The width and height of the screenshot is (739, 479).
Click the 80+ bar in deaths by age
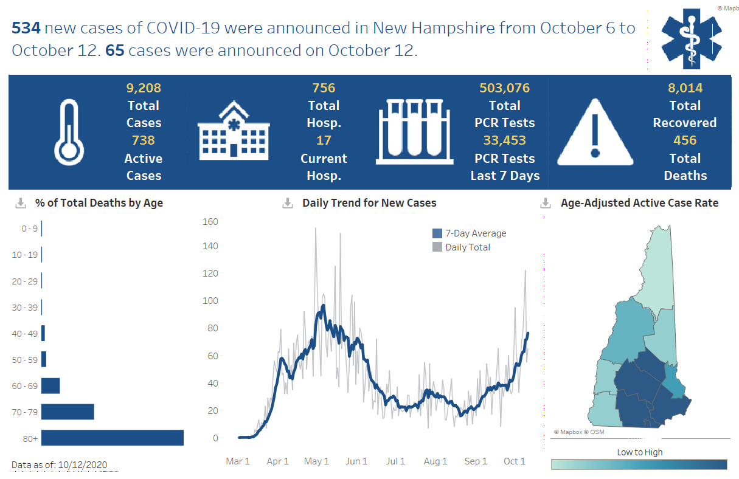click(113, 438)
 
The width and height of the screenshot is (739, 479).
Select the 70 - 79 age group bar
click(68, 412)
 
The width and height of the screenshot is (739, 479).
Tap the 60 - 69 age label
click(25, 386)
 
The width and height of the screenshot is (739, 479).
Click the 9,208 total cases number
click(144, 88)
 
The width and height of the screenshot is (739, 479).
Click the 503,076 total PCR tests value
click(504, 88)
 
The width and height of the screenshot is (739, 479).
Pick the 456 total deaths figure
click(685, 140)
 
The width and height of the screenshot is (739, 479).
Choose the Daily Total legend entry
click(462, 247)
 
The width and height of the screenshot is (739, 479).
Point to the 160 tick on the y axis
click(210, 221)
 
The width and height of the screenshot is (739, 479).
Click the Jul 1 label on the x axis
click(395, 461)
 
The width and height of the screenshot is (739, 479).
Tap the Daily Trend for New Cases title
click(369, 203)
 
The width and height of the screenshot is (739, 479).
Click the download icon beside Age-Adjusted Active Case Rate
click(546, 203)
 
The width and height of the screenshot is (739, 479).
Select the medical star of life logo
click(691, 38)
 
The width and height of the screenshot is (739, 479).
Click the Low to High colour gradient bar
click(639, 464)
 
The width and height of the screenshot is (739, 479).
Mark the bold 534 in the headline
click(26, 28)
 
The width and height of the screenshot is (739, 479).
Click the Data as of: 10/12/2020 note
click(60, 465)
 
